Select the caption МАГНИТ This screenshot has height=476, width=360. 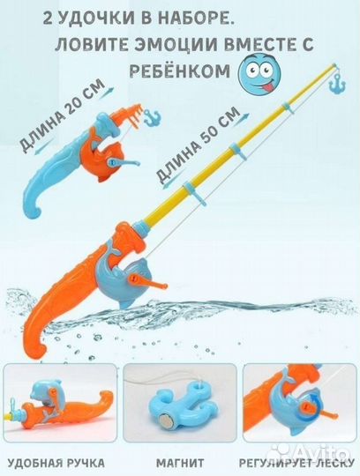click(x=181, y=462)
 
